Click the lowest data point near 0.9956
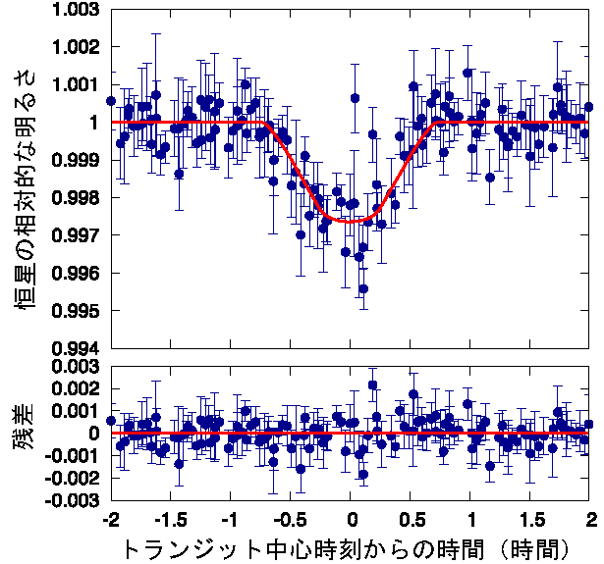click(363, 288)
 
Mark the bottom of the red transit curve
click(352, 221)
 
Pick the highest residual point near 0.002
click(373, 385)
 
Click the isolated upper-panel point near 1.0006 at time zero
click(355, 98)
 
